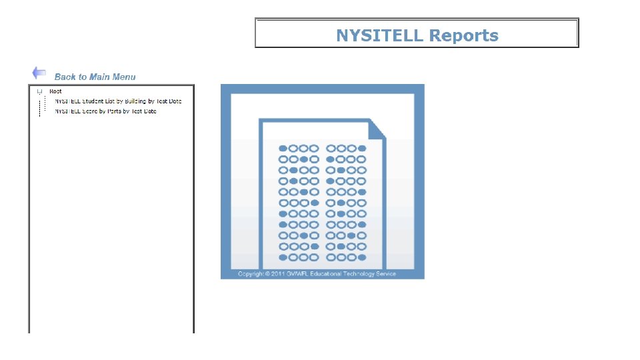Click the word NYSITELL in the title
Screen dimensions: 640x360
[x=379, y=35]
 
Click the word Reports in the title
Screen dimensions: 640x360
[x=464, y=35]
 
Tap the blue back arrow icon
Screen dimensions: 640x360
[x=39, y=73]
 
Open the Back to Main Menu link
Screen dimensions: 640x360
[x=95, y=77]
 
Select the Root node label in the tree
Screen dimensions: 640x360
[x=55, y=91]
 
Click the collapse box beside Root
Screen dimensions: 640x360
[x=39, y=91]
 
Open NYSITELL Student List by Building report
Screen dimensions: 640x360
[x=117, y=101]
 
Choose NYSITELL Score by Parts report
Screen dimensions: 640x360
[x=105, y=111]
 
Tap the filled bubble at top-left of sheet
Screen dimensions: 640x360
[x=283, y=148]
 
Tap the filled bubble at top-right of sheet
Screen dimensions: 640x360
[x=362, y=148]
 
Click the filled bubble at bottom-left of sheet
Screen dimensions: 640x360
[x=283, y=257]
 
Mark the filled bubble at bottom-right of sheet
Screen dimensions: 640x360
[x=362, y=257]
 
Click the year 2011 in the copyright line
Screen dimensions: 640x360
[x=278, y=273]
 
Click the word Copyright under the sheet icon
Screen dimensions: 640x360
[x=250, y=273]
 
